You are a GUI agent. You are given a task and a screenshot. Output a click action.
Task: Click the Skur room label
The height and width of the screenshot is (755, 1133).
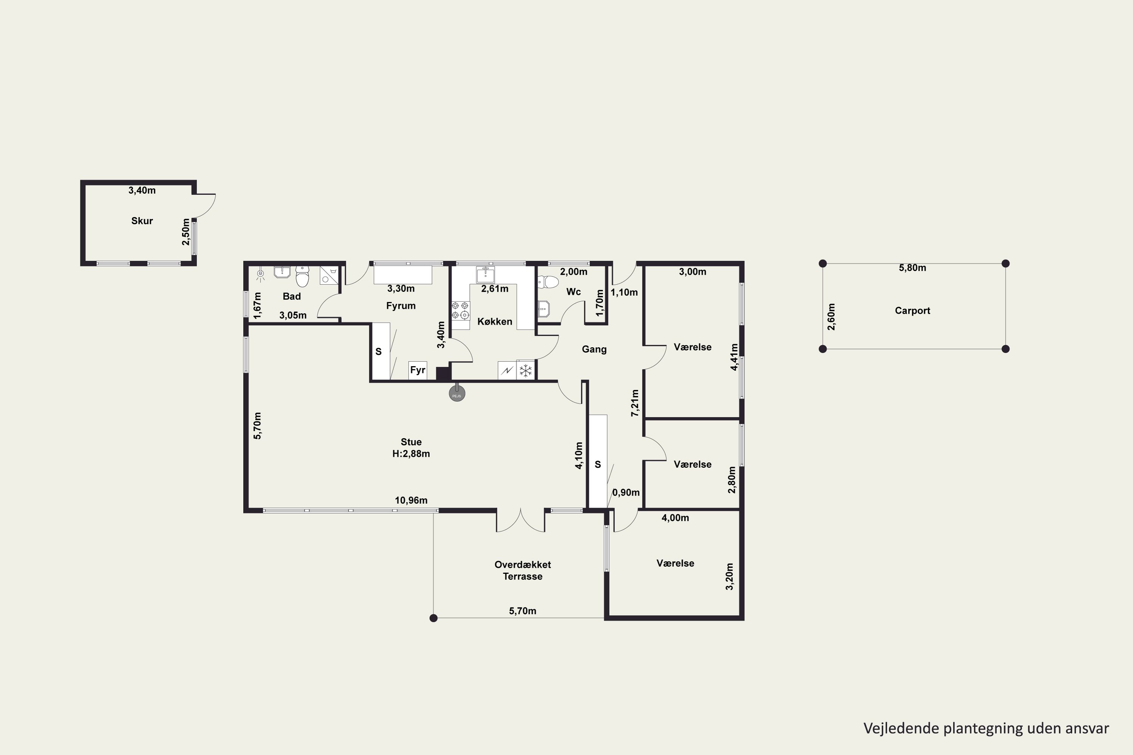[x=142, y=221]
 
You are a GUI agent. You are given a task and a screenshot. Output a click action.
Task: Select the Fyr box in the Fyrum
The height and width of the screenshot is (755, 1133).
[x=418, y=370]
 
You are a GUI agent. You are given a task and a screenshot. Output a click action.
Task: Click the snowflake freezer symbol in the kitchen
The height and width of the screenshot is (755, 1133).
[x=526, y=371]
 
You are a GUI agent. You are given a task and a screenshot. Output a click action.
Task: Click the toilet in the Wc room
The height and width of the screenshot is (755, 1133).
[x=548, y=281]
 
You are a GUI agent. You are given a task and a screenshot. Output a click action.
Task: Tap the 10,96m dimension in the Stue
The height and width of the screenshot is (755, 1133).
[x=411, y=500]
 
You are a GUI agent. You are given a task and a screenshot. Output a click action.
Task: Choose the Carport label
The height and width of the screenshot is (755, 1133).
[x=912, y=311]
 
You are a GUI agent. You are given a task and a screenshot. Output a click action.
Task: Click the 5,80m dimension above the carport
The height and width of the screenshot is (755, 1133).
[x=912, y=268]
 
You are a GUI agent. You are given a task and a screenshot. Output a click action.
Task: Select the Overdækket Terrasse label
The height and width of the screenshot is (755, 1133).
[x=523, y=570]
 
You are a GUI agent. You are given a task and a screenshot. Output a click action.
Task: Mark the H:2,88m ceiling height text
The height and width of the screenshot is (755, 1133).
[x=411, y=454]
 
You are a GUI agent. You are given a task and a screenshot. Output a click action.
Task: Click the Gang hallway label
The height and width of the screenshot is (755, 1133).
[x=594, y=350]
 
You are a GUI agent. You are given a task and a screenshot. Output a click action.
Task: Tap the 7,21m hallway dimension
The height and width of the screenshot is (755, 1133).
[x=635, y=403]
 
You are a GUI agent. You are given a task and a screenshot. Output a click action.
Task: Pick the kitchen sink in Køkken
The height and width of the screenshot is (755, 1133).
[x=485, y=274]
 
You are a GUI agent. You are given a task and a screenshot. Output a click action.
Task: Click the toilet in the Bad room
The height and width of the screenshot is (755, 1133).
[x=302, y=276]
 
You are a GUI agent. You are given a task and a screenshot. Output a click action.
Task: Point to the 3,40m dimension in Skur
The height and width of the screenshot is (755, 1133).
[x=142, y=191]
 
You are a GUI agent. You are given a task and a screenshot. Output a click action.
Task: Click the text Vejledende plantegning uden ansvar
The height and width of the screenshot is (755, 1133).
[x=986, y=728]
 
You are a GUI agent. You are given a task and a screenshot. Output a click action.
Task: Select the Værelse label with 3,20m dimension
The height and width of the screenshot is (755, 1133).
[x=675, y=563]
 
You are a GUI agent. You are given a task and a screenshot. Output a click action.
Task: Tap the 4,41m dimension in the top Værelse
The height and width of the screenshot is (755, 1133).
[x=734, y=357]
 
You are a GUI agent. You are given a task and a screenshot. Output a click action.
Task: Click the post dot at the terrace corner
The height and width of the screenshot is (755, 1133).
[x=434, y=618]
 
